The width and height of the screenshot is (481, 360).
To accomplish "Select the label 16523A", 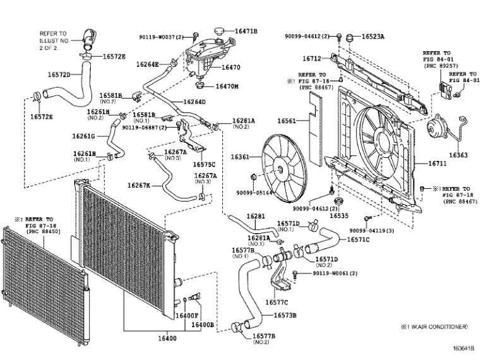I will click(x=373, y=37).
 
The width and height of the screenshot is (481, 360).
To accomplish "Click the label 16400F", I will click(x=187, y=315).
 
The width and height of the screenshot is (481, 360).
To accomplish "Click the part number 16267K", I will click(x=139, y=185).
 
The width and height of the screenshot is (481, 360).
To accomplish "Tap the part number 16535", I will click(x=338, y=215).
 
